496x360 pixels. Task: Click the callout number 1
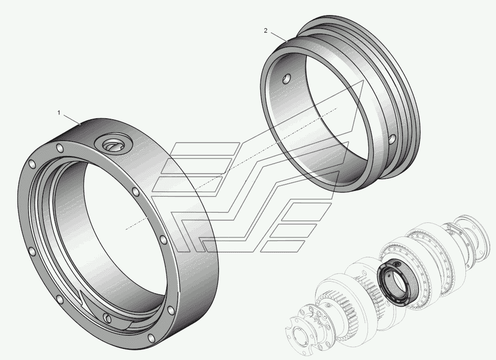(59, 113)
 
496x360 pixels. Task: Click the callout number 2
(266, 31)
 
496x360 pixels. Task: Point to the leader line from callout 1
(72, 120)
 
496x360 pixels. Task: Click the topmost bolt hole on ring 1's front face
(59, 148)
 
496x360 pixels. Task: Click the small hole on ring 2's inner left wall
(287, 78)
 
